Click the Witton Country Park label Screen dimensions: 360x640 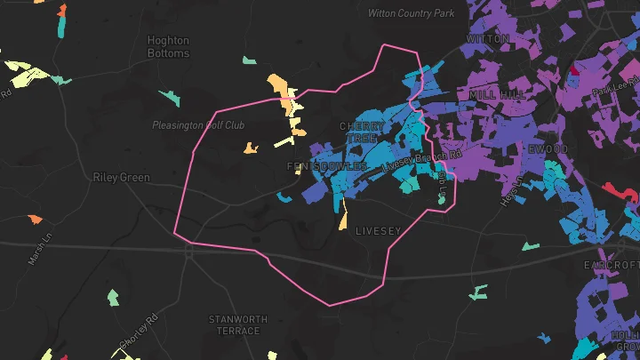pos(412,13)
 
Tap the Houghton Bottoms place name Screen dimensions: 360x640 pos(168,47)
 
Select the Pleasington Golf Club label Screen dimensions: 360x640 pos(197,125)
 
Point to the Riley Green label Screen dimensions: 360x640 pos(121,177)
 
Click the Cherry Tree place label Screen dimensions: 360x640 pos(363,132)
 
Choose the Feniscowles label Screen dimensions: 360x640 pos(327,166)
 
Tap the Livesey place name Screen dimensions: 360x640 pos(380,231)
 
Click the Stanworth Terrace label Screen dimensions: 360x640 pos(235,324)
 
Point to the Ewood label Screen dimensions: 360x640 pos(548,148)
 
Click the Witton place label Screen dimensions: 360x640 pos(488,39)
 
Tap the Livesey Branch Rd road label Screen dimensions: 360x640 pos(422,161)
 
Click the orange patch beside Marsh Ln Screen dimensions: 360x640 pos(35,219)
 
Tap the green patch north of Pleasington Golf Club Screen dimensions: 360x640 pos(168,97)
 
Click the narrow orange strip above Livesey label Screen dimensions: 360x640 pos(343,216)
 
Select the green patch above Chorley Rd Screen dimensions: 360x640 pos(113,297)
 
